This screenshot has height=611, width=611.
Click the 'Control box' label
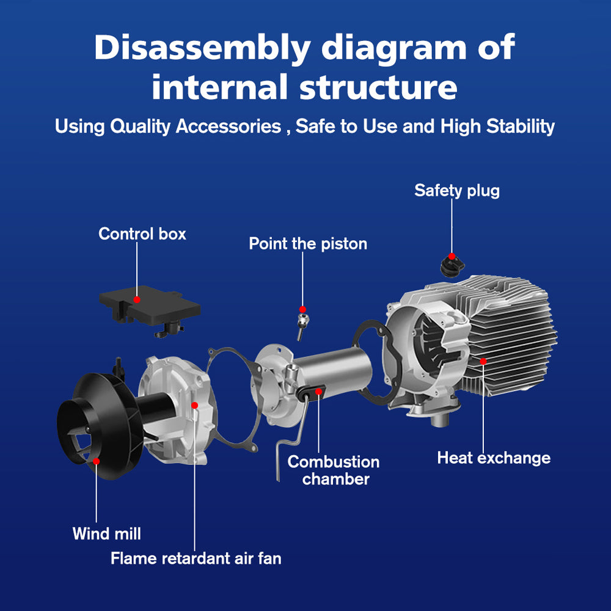[142, 233]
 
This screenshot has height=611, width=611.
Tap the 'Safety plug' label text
[456, 190]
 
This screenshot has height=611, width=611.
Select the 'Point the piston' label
[308, 243]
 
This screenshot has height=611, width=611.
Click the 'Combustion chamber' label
[334, 470]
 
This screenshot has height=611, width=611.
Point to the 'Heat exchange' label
[494, 457]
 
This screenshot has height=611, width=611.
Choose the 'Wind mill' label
[106, 533]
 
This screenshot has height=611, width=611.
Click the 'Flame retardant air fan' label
[196, 558]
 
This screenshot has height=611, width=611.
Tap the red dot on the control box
[137, 299]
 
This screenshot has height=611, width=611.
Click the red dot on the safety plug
[452, 256]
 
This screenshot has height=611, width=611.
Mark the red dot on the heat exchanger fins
[483, 361]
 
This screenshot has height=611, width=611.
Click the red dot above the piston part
[302, 309]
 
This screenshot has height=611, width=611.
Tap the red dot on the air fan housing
[195, 404]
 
